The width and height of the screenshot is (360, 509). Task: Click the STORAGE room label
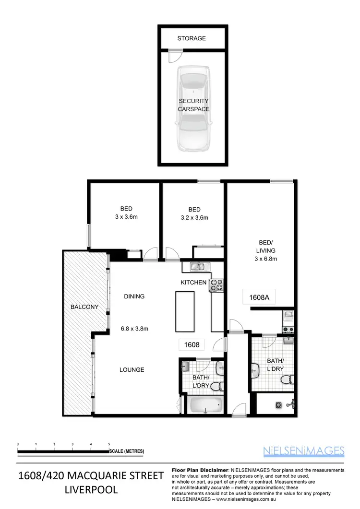(192, 38)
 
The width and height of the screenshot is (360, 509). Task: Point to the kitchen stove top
(216, 285)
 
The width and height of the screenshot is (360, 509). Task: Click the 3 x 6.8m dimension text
(265, 259)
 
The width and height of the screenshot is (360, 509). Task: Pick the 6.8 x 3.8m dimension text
(134, 329)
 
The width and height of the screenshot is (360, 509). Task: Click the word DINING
(134, 296)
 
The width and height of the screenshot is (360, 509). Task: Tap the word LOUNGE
(132, 370)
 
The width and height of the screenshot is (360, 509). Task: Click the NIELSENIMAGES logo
(304, 450)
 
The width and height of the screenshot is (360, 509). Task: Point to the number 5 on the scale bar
(109, 445)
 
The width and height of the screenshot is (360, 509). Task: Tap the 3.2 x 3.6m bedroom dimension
(194, 217)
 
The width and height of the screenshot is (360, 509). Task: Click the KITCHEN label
(193, 283)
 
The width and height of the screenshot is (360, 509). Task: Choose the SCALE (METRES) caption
(127, 451)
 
